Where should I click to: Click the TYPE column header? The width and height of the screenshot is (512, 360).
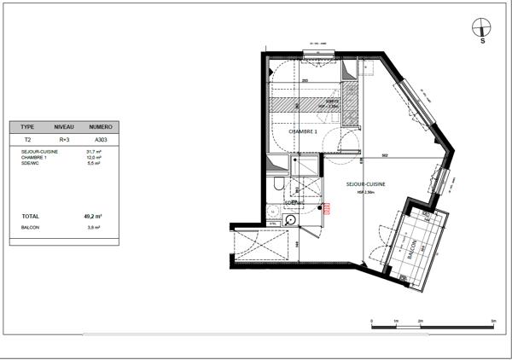(x=27, y=126)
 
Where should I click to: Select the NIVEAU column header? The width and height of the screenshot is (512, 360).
(x=64, y=126)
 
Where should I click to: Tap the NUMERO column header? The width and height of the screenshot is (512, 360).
(x=101, y=126)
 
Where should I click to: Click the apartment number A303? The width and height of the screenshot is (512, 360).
(x=101, y=138)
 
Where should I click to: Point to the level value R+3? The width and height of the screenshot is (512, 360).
(x=64, y=138)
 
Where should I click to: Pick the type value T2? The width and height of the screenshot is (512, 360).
(x=26, y=138)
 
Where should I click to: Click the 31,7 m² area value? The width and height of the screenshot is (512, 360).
(x=95, y=152)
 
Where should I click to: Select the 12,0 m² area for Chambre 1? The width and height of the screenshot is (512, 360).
(x=95, y=157)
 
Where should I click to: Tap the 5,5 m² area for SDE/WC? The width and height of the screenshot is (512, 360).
(x=95, y=163)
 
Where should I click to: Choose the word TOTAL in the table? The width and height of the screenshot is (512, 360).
(x=30, y=217)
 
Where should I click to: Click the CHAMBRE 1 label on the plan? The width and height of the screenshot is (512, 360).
(x=303, y=131)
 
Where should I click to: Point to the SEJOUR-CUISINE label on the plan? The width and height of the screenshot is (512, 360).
(x=365, y=184)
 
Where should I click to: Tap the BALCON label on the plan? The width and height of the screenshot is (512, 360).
(x=412, y=250)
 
